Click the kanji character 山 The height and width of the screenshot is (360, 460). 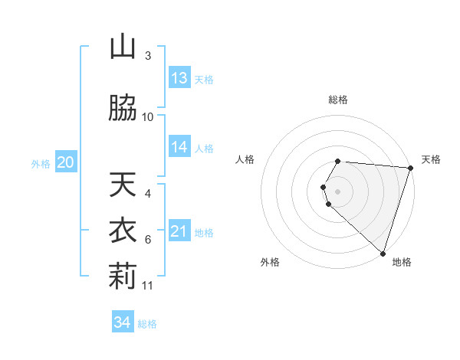(123, 48)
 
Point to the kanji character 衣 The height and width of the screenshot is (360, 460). (123, 231)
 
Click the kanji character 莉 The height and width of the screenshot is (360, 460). (123, 277)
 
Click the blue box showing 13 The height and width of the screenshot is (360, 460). (179, 78)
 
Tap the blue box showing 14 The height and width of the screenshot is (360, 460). (179, 147)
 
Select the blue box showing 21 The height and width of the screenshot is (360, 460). (179, 231)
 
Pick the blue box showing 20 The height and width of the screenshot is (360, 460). (66, 162)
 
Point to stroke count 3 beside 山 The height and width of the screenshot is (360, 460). (148, 56)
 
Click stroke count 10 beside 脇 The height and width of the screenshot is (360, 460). (148, 116)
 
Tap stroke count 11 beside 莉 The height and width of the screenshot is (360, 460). (148, 286)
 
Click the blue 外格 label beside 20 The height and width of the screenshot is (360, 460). (41, 163)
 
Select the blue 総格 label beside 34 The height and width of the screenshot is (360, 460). (147, 324)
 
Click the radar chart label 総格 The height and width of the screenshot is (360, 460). (338, 100)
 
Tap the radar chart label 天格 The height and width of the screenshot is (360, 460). (431, 159)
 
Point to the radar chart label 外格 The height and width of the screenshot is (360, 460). (270, 262)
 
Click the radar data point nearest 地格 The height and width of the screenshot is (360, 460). (383, 253)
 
